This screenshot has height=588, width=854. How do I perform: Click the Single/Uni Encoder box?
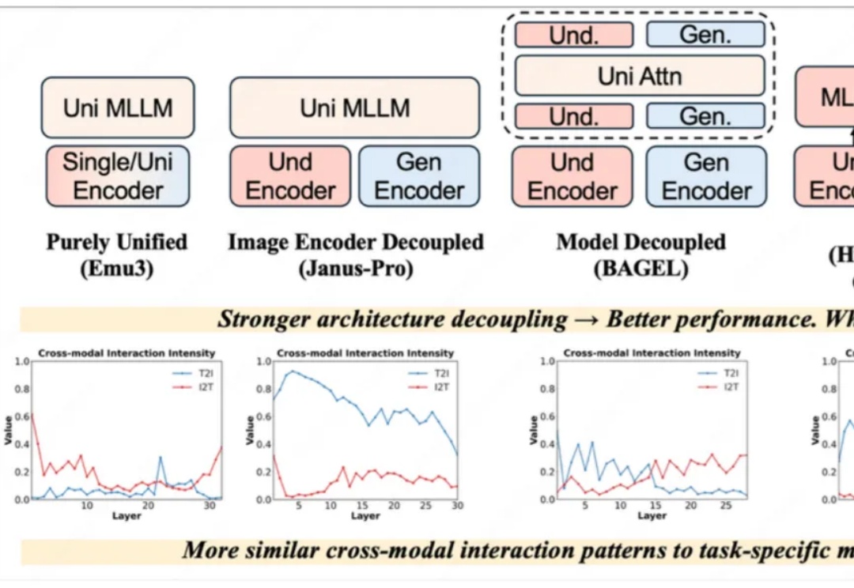tap(118, 176)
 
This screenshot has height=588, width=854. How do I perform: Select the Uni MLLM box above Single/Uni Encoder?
tap(118, 107)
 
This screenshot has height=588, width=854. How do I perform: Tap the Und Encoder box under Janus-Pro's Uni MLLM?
tap(290, 176)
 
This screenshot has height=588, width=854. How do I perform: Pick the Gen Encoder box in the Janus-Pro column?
tap(419, 176)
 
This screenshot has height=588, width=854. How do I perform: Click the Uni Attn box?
tap(640, 76)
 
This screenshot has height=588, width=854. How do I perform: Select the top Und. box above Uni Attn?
tap(574, 35)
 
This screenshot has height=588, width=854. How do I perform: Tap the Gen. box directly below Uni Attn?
tap(705, 116)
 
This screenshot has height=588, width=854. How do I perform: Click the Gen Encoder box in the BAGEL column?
tap(705, 176)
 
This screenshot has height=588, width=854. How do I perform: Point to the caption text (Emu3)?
tap(116, 269)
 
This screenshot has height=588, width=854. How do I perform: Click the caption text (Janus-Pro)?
tap(356, 269)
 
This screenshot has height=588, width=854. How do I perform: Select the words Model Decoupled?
tap(640, 242)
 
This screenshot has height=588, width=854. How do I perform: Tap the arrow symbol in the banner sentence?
tap(586, 320)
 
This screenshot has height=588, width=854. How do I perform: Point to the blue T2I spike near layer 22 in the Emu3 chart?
tap(160, 458)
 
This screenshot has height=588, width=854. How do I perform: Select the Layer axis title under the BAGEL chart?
tap(652, 516)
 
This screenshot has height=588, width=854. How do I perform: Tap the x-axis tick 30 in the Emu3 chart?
tap(209, 505)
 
